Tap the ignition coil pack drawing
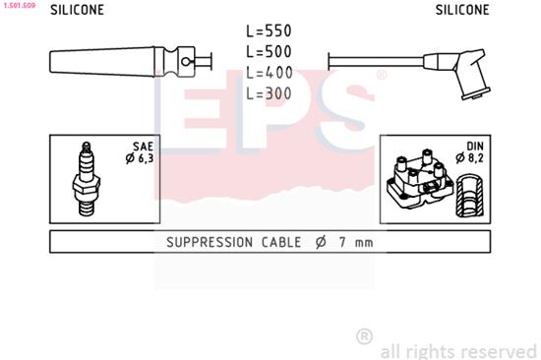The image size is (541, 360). [420, 179]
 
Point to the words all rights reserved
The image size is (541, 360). [457, 350]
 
